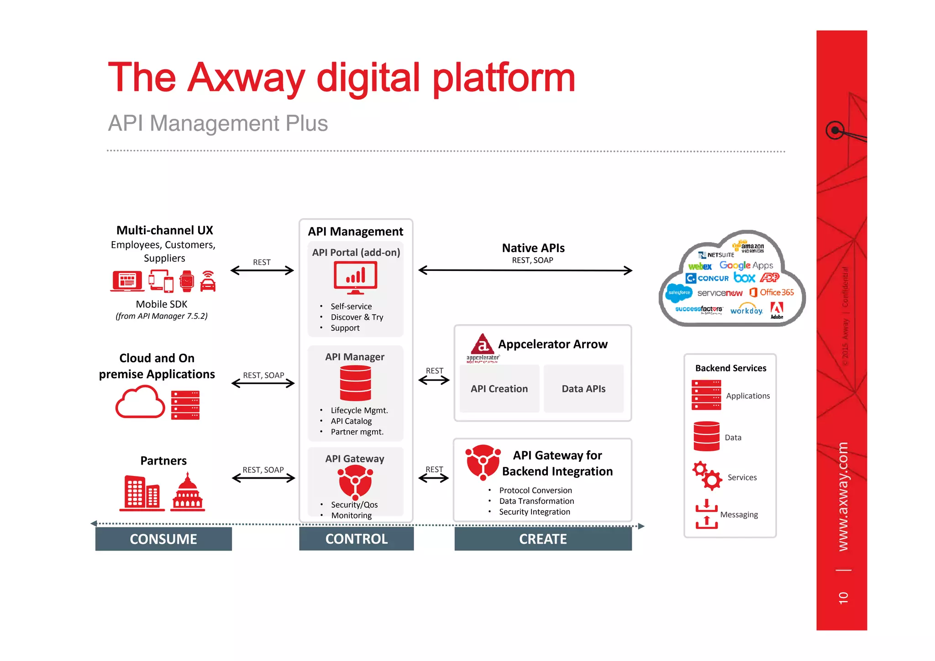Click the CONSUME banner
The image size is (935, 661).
click(x=163, y=539)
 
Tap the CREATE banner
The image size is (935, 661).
click(x=543, y=539)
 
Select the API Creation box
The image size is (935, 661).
click(x=499, y=389)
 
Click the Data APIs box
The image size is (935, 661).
click(x=583, y=389)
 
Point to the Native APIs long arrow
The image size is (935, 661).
click(x=525, y=270)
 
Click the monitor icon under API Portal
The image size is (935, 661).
click(x=355, y=277)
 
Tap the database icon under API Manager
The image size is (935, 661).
click(x=355, y=383)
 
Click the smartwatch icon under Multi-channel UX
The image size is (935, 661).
click(x=187, y=281)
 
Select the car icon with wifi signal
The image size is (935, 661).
click(x=208, y=281)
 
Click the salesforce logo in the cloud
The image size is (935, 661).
click(x=679, y=292)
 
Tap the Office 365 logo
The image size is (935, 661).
click(x=772, y=292)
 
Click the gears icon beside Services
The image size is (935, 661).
click(x=707, y=476)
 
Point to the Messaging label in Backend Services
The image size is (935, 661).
click(x=739, y=514)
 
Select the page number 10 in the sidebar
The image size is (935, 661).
click(x=843, y=598)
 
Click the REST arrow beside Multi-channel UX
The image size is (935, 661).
click(x=262, y=270)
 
